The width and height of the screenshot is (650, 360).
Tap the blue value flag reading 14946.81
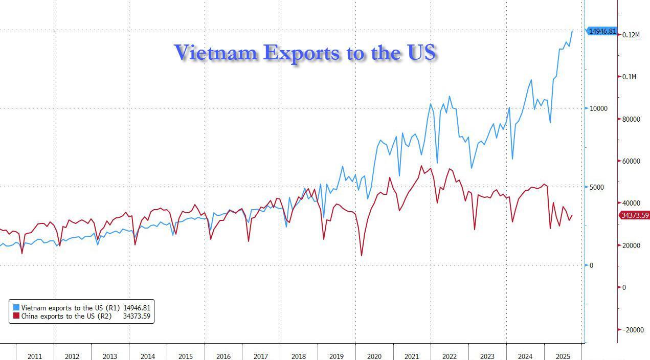(601, 31)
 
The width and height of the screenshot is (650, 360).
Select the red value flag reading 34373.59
(635, 215)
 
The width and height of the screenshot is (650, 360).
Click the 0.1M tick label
(629, 77)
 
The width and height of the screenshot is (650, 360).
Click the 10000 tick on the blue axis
(598, 108)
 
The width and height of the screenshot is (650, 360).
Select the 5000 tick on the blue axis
(596, 187)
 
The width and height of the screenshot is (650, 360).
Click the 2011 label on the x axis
(35, 356)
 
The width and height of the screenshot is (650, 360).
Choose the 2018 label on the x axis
(299, 356)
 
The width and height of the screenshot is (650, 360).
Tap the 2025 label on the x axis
(563, 356)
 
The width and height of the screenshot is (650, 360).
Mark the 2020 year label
(374, 356)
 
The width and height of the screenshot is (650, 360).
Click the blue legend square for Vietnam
(16, 308)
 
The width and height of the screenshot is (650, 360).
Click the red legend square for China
(16, 316)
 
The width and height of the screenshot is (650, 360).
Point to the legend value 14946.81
(137, 308)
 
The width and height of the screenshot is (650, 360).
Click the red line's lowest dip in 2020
(362, 255)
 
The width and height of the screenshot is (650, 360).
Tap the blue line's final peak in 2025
(572, 31)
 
